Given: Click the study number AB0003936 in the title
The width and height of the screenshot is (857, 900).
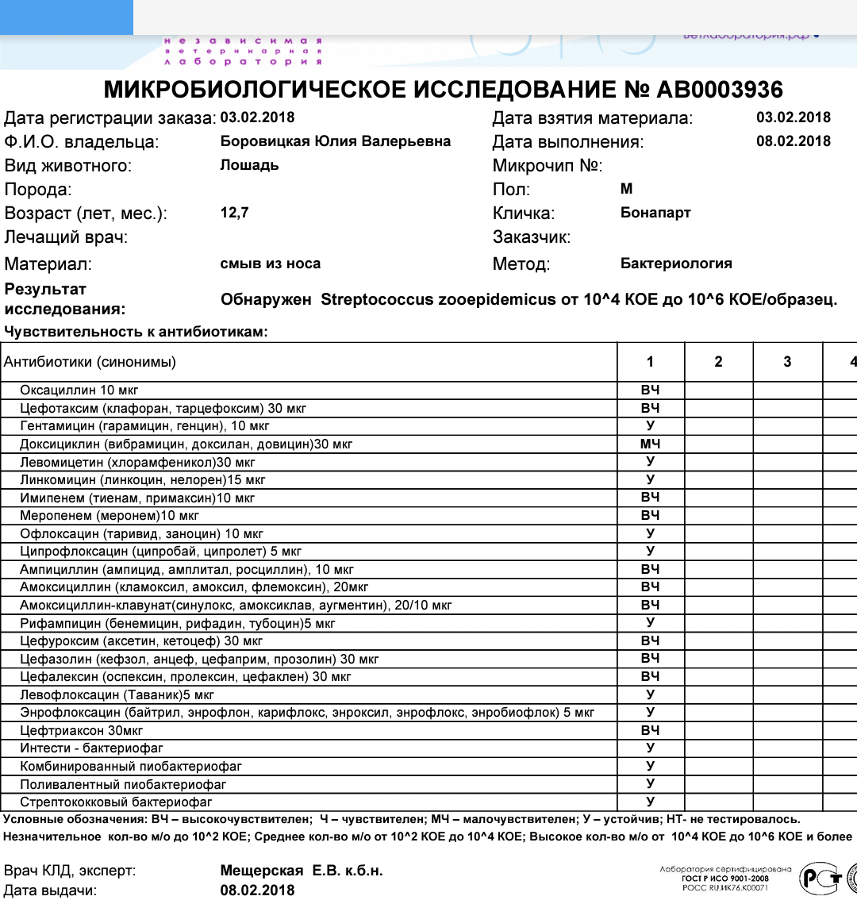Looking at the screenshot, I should (x=720, y=89).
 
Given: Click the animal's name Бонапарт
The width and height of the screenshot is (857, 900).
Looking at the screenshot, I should (x=655, y=213).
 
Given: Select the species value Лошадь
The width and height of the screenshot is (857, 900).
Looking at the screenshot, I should (x=249, y=165).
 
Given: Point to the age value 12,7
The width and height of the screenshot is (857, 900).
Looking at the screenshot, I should (x=234, y=213).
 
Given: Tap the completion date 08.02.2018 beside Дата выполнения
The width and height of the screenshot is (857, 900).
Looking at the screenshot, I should (x=794, y=141).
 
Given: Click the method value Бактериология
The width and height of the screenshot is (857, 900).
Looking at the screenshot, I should (x=676, y=263).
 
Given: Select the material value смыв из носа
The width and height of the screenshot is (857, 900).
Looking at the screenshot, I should (x=271, y=263).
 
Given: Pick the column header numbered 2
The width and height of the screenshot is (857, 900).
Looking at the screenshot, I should (x=718, y=362).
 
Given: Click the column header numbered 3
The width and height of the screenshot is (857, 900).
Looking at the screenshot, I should (x=787, y=362).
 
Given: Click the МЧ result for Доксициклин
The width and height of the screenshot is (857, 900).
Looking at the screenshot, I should (x=650, y=444).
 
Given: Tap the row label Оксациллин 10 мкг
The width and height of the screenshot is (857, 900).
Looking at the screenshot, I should (x=79, y=390).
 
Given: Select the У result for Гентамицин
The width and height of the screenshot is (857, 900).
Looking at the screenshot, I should (x=650, y=426).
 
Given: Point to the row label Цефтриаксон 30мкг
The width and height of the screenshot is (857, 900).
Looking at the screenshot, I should (x=82, y=730).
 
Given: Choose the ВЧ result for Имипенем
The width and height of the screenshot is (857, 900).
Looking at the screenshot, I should (x=650, y=498).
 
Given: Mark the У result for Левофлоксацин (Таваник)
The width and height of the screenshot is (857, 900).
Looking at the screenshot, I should (x=650, y=694).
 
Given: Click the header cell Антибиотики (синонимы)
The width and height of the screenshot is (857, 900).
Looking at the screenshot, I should (x=90, y=363).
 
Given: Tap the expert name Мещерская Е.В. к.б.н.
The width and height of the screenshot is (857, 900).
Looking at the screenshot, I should (x=302, y=871).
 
